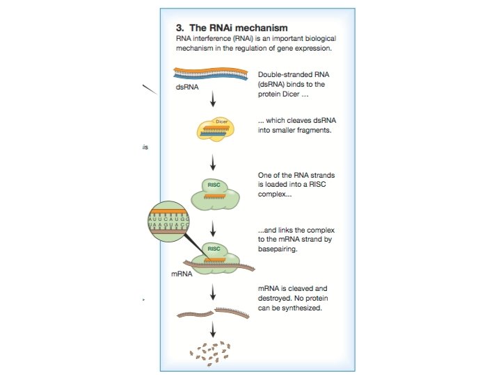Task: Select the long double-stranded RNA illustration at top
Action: click(x=212, y=74)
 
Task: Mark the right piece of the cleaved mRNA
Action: click(x=236, y=311)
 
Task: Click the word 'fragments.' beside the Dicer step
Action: click(x=317, y=130)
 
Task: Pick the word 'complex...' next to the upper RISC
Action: click(x=274, y=195)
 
